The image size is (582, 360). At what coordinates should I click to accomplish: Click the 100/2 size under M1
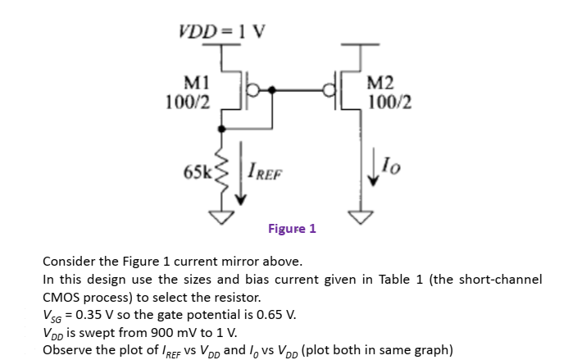(191, 103)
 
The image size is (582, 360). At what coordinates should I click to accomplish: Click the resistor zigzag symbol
(221, 174)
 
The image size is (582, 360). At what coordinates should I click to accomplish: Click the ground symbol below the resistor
(221, 216)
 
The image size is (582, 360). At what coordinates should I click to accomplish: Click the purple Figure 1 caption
(292, 229)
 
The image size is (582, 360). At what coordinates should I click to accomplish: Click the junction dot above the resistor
(221, 128)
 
